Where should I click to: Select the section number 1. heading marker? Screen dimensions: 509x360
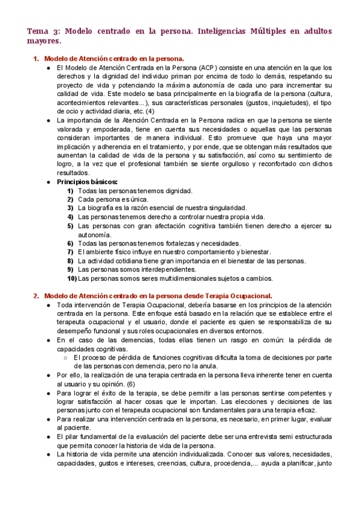click(x=36, y=59)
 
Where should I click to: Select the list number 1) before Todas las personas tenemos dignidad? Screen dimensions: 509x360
click(x=71, y=191)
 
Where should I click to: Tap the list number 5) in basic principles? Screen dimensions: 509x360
click(x=71, y=226)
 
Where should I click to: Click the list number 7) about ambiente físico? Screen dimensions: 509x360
click(x=71, y=252)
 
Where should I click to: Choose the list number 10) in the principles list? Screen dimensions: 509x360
click(x=71, y=279)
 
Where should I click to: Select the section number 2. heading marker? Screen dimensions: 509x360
click(x=36, y=295)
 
